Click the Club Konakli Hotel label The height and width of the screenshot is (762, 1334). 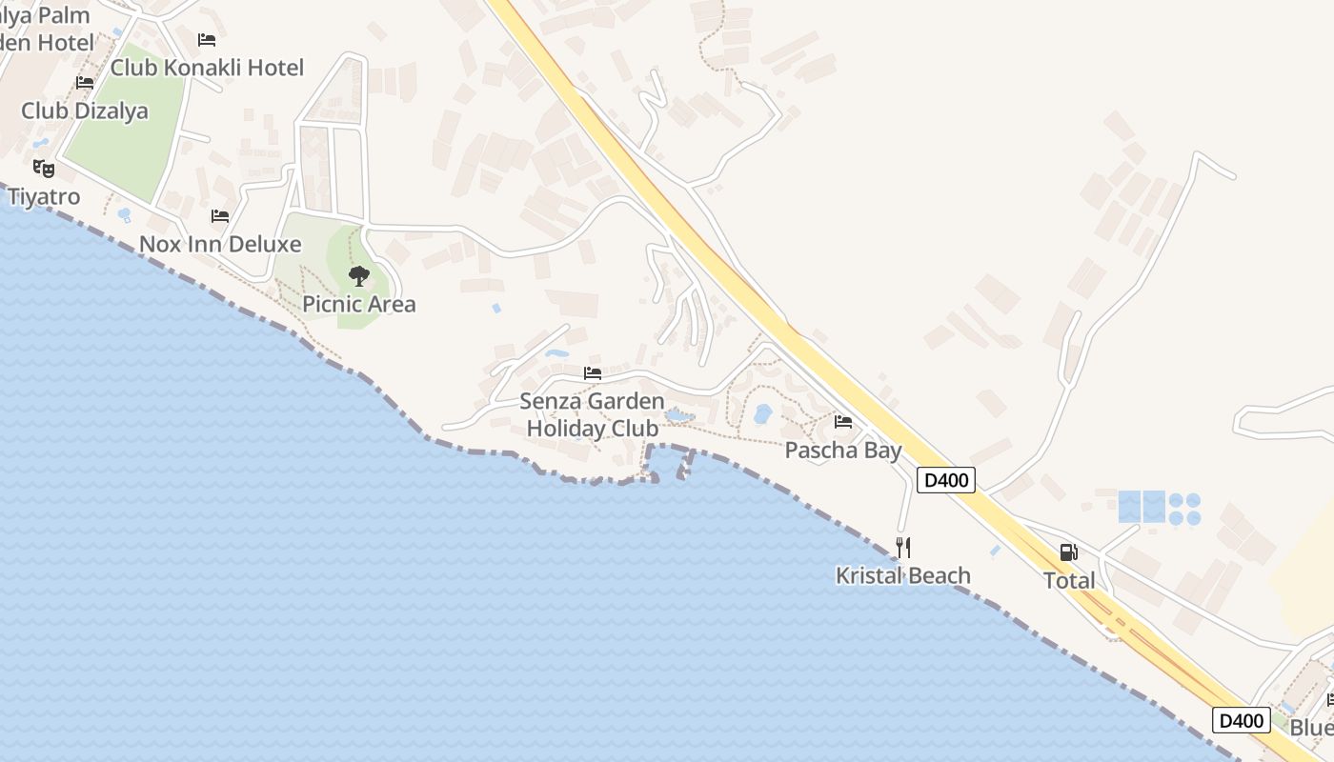pos(207,68)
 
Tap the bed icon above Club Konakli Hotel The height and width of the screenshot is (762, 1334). pos(207,40)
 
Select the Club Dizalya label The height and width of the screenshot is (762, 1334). pos(85,110)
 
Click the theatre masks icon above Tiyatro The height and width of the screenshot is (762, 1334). pos(44,169)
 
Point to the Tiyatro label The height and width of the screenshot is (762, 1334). pos(44,197)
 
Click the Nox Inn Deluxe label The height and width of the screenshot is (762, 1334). pos(220,244)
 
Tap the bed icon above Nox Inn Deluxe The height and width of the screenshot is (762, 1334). pos(220,216)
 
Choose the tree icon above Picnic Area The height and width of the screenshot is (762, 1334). pos(359,276)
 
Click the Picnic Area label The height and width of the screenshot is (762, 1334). pos(359,305)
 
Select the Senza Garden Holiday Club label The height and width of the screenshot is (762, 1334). pos(593,414)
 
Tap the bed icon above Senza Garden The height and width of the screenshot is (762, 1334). pos(593,372)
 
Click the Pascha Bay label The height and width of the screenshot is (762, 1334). pos(843,450)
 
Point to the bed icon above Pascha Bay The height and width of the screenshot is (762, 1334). pos(843,421)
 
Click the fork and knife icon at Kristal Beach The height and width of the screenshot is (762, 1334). pos(903,548)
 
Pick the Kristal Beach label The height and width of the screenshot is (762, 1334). pos(903,575)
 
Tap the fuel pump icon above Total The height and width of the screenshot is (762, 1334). pos(1069,552)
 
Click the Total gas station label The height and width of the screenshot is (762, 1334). pos(1069,580)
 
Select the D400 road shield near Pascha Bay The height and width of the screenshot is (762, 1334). pos(946,480)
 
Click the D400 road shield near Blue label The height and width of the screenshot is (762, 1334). pos(1242,721)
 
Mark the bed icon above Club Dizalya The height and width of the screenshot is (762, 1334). pos(85,83)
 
